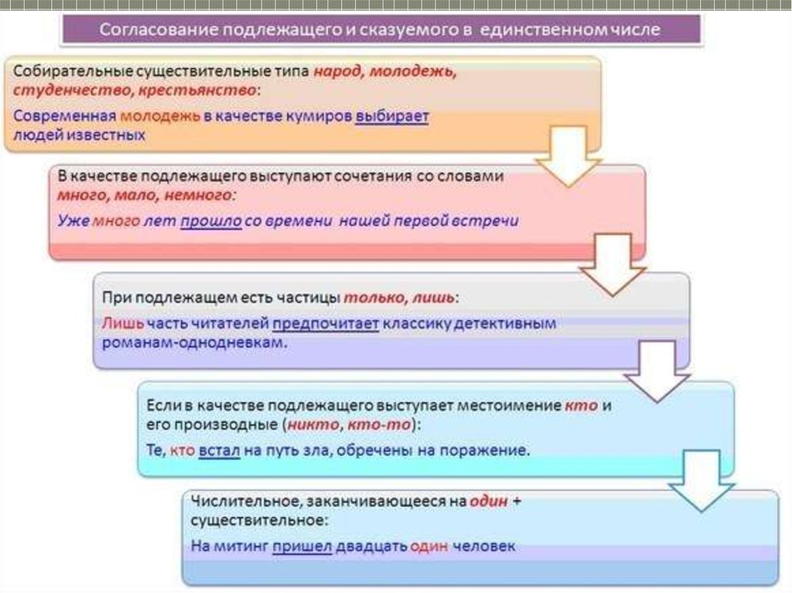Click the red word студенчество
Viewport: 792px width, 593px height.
coord(59,90)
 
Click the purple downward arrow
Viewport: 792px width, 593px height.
coord(656,374)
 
